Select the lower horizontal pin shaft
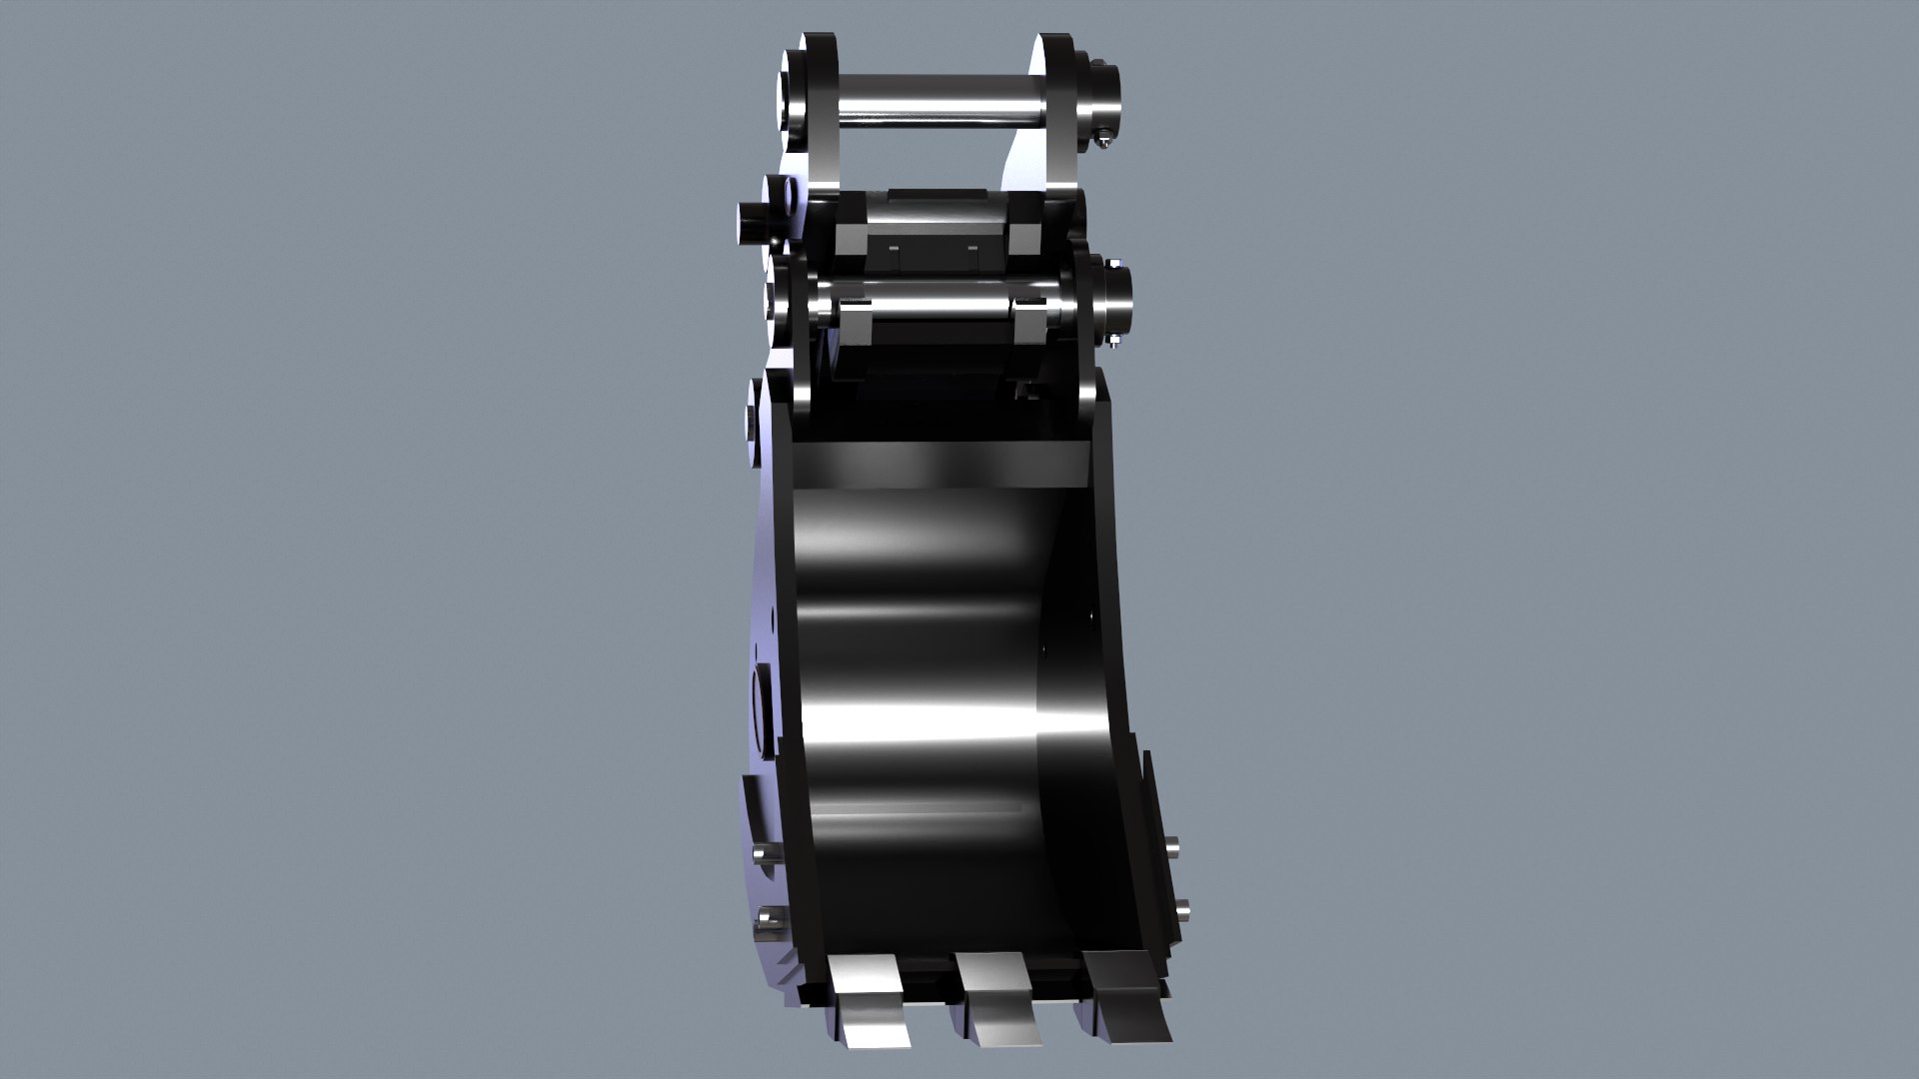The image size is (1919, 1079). (x=930, y=301)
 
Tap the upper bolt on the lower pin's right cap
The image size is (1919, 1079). (x=1112, y=263)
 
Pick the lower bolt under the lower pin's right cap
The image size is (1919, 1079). (x=1113, y=342)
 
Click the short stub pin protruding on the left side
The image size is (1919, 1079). (x=755, y=222)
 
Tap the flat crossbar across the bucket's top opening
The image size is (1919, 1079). (x=940, y=462)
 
